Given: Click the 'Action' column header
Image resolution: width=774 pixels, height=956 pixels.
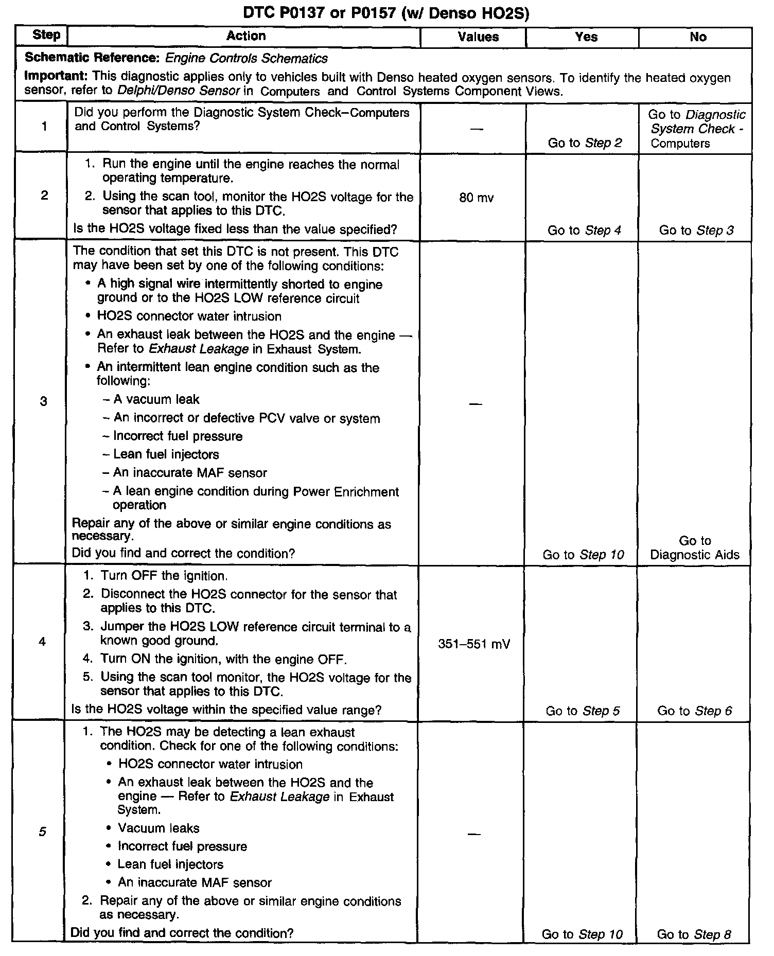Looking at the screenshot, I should (x=246, y=36).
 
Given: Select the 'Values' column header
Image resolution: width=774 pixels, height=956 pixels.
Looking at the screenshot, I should (x=478, y=37).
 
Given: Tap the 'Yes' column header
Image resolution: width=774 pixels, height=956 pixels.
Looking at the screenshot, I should (x=586, y=37).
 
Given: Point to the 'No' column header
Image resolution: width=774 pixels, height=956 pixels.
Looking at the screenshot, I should (x=698, y=37).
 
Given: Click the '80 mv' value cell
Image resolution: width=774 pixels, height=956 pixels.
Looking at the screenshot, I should (x=476, y=198).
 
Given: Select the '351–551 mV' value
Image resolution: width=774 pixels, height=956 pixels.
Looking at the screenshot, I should (x=474, y=644).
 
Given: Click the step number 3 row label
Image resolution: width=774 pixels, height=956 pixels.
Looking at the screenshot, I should (x=43, y=401).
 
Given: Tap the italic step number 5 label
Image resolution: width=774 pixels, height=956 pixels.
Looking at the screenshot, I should (x=42, y=831).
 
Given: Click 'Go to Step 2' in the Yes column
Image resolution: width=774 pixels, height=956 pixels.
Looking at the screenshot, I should (x=585, y=143).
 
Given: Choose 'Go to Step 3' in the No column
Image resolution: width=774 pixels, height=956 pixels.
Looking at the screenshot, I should (x=696, y=231).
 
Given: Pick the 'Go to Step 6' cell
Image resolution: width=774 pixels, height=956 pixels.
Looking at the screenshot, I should (x=694, y=711).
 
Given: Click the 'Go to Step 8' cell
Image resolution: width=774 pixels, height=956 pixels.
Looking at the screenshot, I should (x=694, y=934).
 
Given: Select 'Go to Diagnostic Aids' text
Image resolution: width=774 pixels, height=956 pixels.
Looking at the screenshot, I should (x=695, y=548).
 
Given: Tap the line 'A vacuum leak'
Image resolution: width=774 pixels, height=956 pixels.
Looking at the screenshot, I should (x=156, y=400).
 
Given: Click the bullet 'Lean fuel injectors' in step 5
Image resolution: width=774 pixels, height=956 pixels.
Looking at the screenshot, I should (x=170, y=864).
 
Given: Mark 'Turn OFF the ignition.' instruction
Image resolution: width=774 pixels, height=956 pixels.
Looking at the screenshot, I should (x=164, y=576).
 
